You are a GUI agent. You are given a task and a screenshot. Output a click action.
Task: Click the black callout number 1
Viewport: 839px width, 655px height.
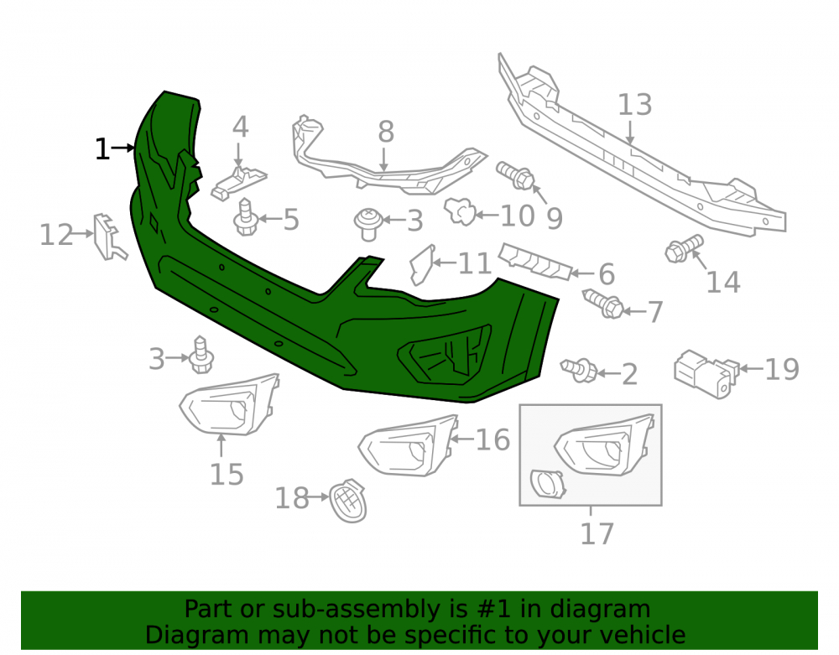(x=102, y=149)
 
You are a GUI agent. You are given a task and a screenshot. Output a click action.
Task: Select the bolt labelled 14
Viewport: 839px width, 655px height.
(x=684, y=248)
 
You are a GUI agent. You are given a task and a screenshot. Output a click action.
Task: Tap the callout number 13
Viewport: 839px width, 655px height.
(x=634, y=105)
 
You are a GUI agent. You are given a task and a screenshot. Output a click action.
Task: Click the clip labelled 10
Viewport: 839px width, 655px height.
(x=460, y=211)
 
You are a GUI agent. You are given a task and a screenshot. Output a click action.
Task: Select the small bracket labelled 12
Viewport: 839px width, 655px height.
(x=109, y=237)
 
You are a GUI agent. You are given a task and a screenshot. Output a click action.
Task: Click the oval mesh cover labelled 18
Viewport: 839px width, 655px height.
(x=348, y=501)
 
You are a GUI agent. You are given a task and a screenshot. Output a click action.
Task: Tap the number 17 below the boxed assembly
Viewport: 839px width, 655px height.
(x=597, y=533)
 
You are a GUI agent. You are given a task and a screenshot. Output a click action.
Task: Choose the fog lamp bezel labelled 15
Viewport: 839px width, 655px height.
(x=229, y=404)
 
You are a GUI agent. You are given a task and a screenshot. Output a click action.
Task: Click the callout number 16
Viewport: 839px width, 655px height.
(x=492, y=439)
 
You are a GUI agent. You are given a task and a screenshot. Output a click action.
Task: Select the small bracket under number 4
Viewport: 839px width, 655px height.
(x=238, y=183)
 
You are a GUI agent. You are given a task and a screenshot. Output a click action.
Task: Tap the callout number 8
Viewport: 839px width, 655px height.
(x=386, y=132)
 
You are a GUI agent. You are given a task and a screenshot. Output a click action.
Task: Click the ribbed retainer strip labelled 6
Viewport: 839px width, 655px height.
(x=534, y=261)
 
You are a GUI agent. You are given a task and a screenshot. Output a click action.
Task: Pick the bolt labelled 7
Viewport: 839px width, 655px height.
(x=602, y=303)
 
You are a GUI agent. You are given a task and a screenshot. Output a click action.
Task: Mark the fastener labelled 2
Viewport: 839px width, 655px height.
(x=579, y=370)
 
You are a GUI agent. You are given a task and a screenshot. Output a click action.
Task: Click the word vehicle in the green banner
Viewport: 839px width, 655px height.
(x=642, y=635)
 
